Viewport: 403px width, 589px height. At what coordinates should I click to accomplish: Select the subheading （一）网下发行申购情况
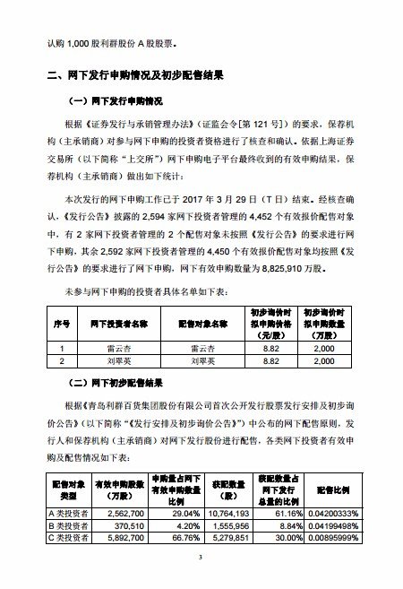pyautogui.click(x=125, y=100)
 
